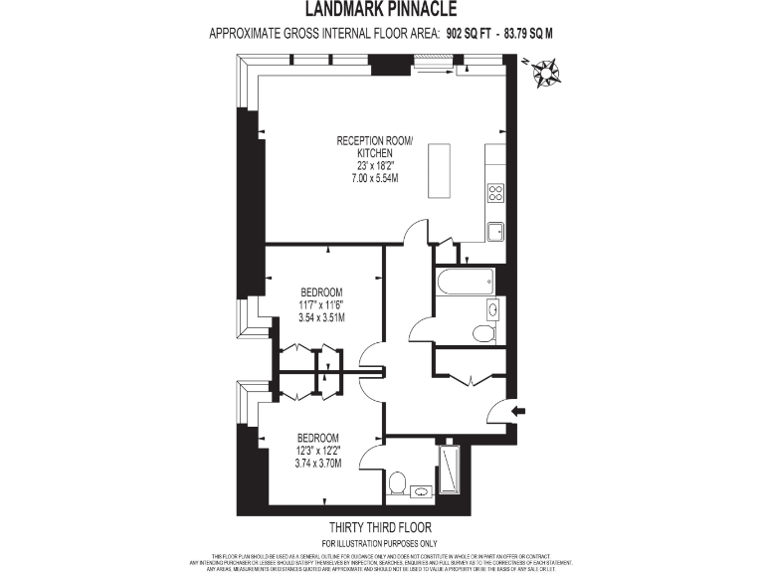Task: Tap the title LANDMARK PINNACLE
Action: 382,10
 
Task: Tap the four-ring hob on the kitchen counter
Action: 494,192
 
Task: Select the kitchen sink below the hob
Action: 494,231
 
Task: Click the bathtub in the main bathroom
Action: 466,281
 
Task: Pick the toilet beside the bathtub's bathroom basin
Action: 484,333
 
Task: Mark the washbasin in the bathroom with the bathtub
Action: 490,308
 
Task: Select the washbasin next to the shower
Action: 421,490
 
